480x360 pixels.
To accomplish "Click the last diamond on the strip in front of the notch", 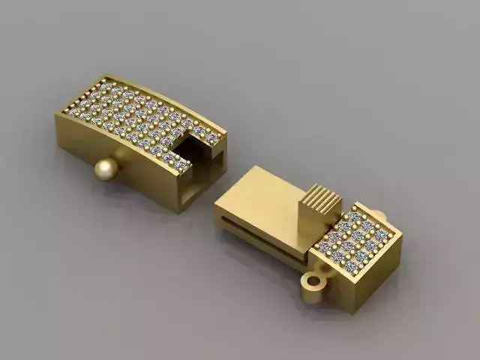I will [x=181, y=164].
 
